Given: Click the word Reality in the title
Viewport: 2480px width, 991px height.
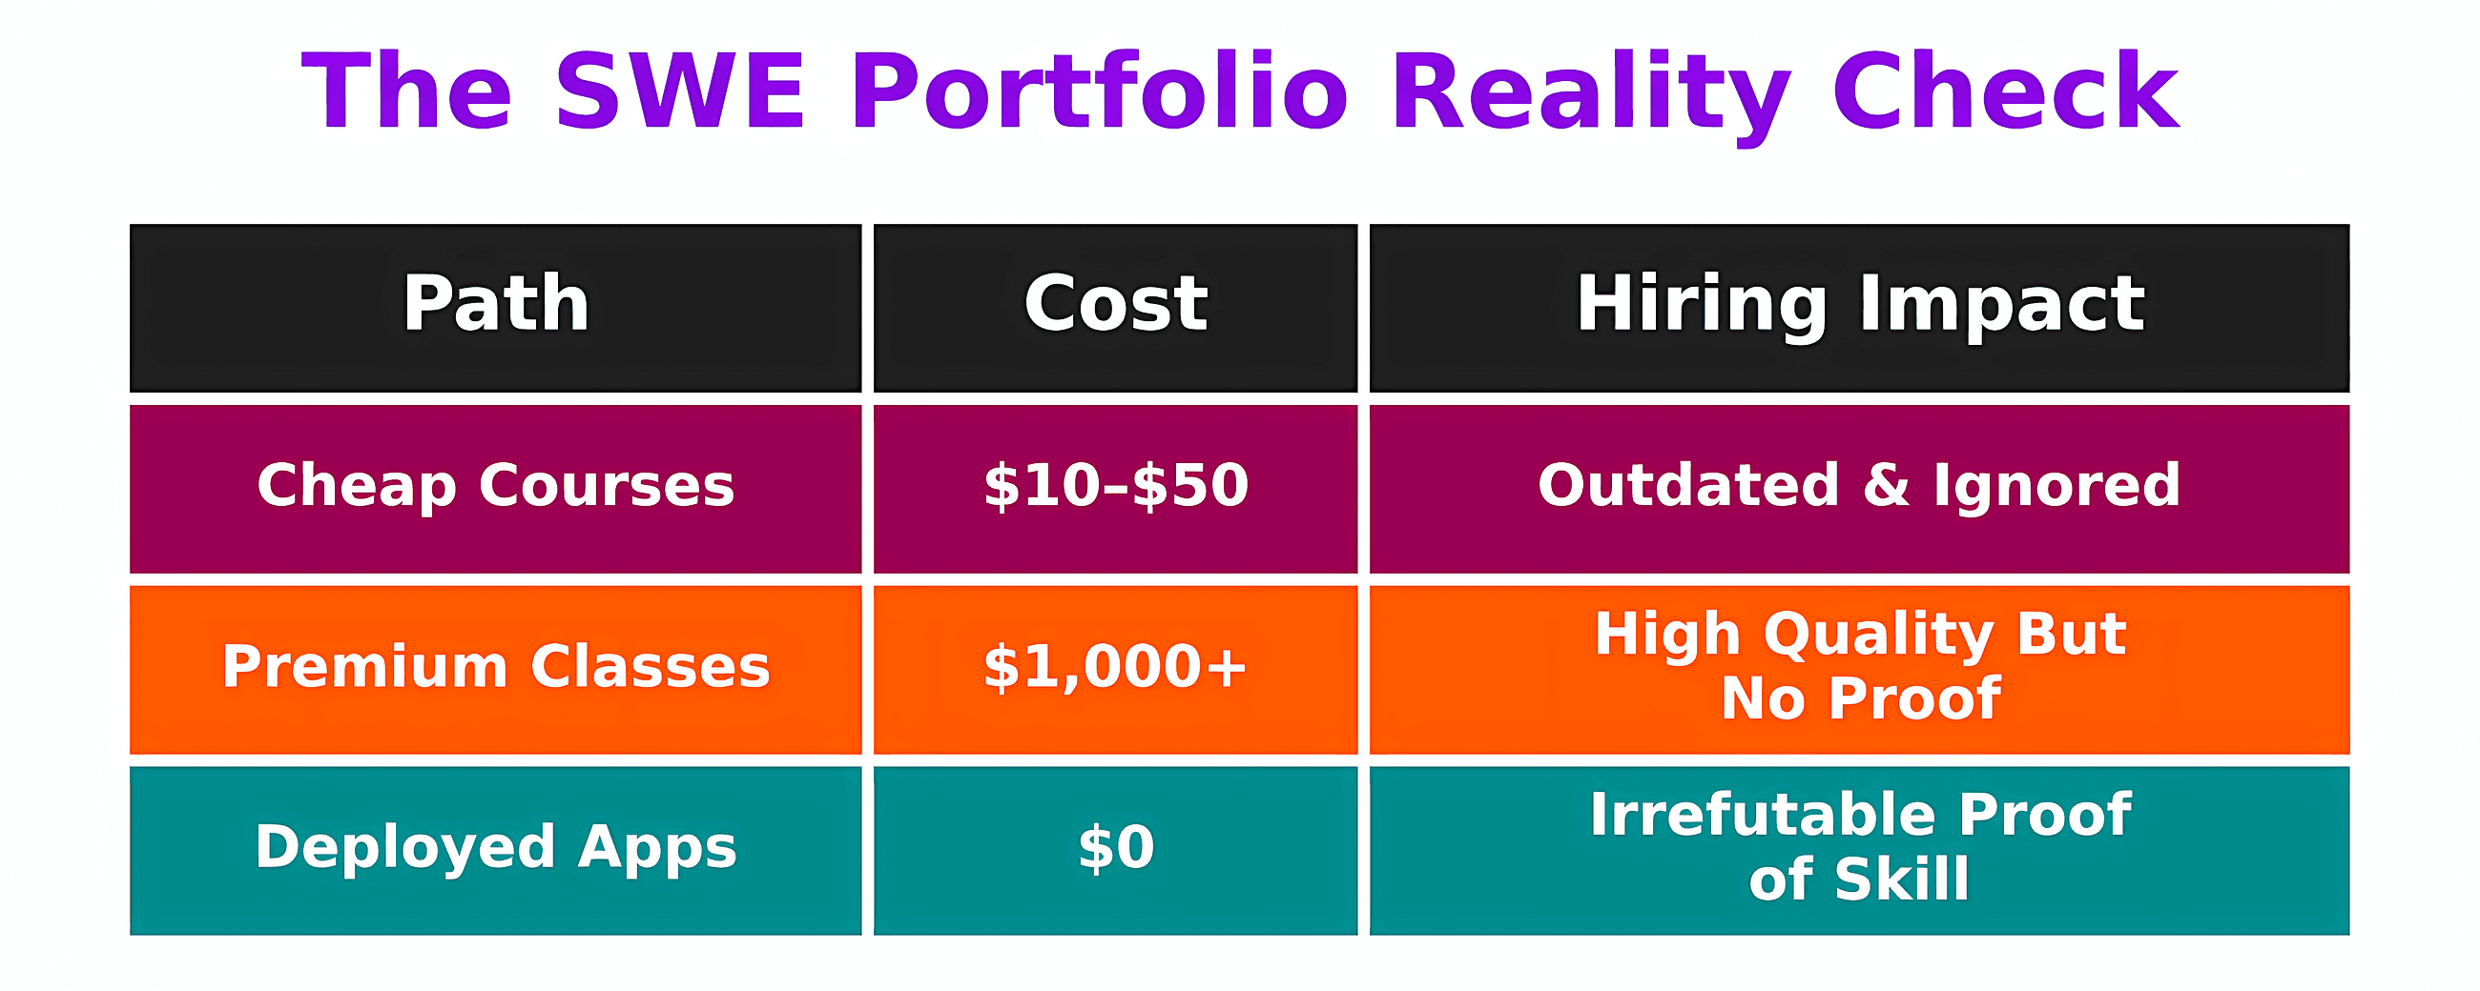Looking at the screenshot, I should (1589, 91).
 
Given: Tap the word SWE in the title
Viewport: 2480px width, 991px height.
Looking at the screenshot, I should (680, 91).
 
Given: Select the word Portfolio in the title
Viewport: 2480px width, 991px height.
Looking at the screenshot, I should (1099, 91).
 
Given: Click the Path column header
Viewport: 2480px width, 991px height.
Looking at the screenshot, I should (496, 305).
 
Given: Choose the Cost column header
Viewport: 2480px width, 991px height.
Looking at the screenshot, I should (1115, 305).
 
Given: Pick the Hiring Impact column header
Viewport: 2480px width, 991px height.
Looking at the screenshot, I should (1859, 305).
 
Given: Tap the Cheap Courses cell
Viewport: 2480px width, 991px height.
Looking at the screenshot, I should (496, 486).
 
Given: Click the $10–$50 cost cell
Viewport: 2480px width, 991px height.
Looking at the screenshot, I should (1115, 486).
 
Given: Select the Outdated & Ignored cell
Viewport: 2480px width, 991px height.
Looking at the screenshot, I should (1859, 486).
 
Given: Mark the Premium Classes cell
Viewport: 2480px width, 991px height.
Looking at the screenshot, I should (496, 667).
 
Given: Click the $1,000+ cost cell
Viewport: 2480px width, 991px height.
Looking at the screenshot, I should (1115, 667).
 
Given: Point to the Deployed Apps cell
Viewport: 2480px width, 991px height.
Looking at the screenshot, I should (496, 848).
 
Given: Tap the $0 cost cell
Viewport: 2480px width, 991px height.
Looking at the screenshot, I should (1115, 848).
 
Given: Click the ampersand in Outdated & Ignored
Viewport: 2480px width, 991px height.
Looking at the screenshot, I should (1886, 485).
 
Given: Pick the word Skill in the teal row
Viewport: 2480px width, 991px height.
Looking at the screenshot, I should (1902, 880).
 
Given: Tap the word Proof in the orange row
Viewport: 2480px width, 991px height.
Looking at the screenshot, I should (1915, 698).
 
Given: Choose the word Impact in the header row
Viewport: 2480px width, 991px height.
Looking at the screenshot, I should (2002, 305).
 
